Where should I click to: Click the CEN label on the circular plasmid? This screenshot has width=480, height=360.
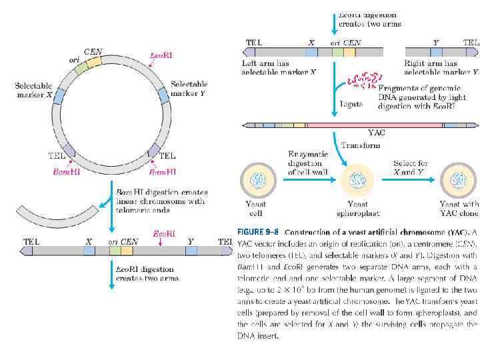point(93,51)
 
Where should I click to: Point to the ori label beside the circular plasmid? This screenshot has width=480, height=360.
point(75,59)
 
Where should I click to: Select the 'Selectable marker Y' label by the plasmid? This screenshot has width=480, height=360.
point(189,89)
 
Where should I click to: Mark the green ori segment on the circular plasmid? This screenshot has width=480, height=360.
point(81,67)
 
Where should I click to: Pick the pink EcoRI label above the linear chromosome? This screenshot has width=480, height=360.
point(164,234)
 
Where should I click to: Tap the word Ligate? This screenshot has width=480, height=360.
point(351,104)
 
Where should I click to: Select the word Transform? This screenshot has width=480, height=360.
point(361,145)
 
